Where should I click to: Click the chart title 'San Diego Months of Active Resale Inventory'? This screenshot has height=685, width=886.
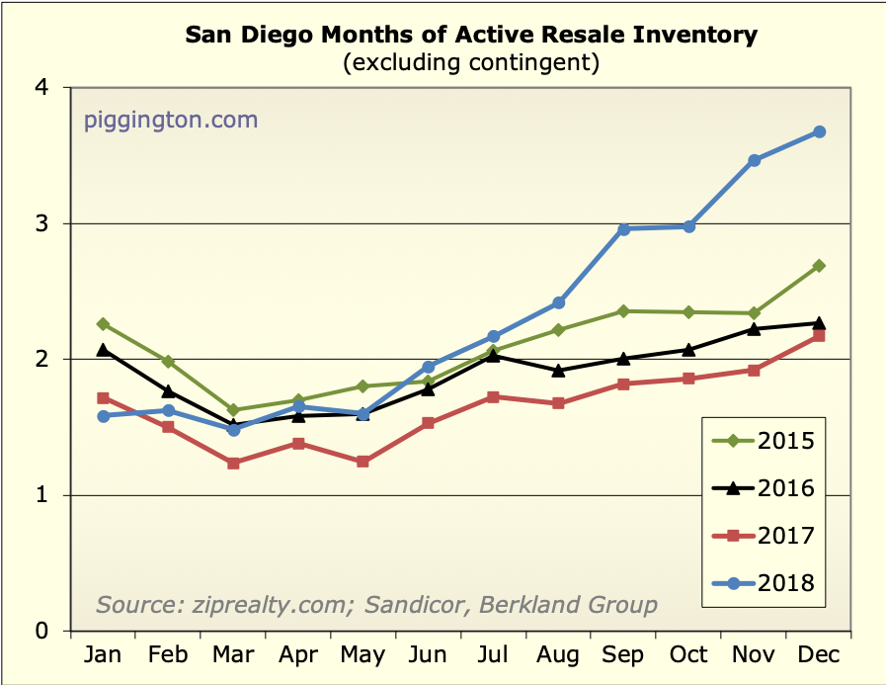[471, 36]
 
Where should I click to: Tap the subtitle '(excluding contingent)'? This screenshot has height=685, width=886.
[471, 63]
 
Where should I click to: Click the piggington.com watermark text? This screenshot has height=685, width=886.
[170, 121]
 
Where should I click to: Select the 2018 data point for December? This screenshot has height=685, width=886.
[819, 131]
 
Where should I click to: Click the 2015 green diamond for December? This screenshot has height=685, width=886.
[819, 266]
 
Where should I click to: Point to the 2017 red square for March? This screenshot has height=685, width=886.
[233, 463]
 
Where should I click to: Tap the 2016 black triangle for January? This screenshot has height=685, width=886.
[103, 349]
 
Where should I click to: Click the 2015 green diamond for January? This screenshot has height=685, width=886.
[103, 323]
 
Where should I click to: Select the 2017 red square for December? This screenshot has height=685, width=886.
[819, 336]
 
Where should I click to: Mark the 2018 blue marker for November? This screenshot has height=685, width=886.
[755, 160]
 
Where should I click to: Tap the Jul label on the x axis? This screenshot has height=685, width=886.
[494, 654]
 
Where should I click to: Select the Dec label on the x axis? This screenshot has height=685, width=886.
[819, 654]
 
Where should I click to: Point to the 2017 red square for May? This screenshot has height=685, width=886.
[363, 462]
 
